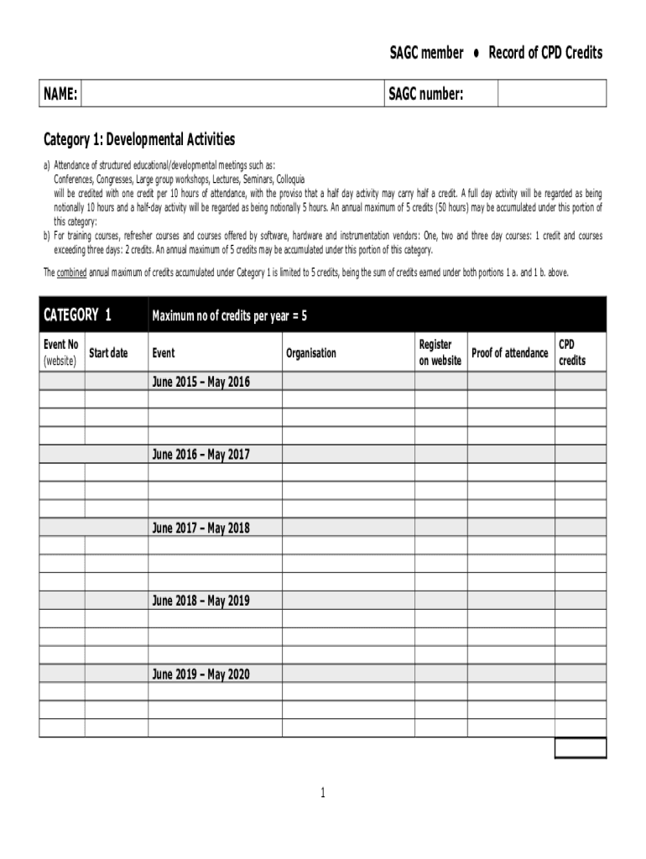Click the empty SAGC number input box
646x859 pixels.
point(551,94)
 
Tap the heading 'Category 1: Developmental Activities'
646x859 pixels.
point(139,139)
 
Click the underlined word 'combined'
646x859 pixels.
point(73,273)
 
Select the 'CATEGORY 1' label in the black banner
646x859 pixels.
point(77,315)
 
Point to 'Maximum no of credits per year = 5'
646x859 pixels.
point(229,316)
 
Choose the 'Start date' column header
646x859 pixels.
point(108,353)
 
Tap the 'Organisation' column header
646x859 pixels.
point(310,353)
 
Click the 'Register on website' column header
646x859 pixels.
point(440,352)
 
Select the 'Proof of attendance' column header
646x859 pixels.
point(510,353)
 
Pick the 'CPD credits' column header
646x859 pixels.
point(572,352)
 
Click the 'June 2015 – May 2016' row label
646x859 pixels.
point(201,382)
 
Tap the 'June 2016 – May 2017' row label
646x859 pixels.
point(201,455)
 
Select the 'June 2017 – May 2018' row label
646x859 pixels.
point(201,528)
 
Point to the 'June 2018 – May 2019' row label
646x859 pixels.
point(201,601)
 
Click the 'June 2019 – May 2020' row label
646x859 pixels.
point(201,674)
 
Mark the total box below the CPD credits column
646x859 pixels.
point(581,747)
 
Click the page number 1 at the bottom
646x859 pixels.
point(323,793)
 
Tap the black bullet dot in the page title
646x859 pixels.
point(476,53)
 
